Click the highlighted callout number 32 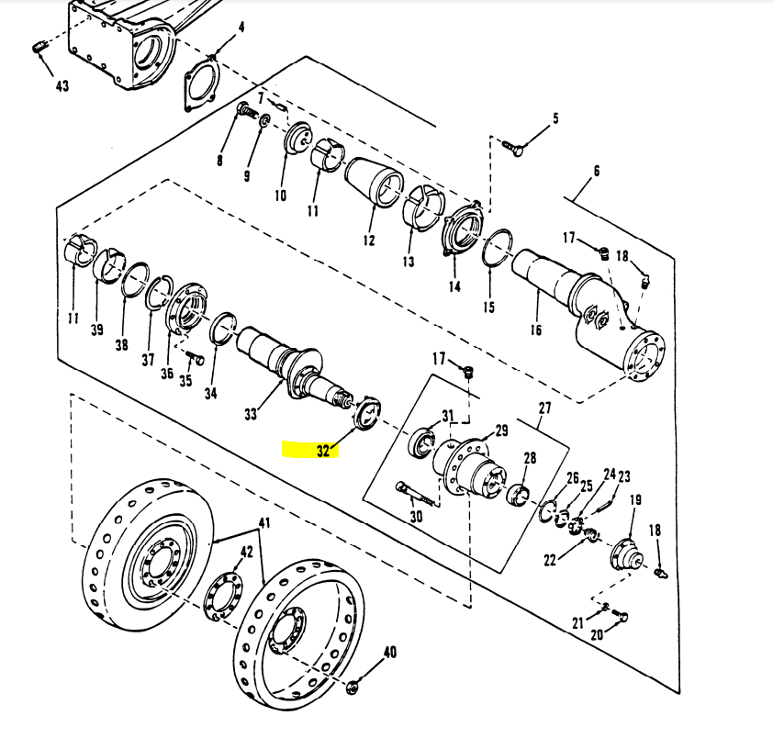tap(323, 451)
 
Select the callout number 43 tap(62, 86)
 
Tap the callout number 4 tap(241, 27)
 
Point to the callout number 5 tap(555, 118)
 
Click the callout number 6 tap(597, 171)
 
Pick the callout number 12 tap(369, 240)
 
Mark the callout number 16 tap(536, 330)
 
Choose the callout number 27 tap(544, 408)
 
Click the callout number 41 tap(264, 522)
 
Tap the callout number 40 tap(390, 653)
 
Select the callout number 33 tap(251, 414)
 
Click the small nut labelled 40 tap(353, 687)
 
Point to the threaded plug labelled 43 tap(39, 48)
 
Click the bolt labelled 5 tap(512, 148)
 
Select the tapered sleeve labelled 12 tap(375, 183)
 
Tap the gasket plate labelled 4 tap(202, 84)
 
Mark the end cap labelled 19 tap(627, 555)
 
